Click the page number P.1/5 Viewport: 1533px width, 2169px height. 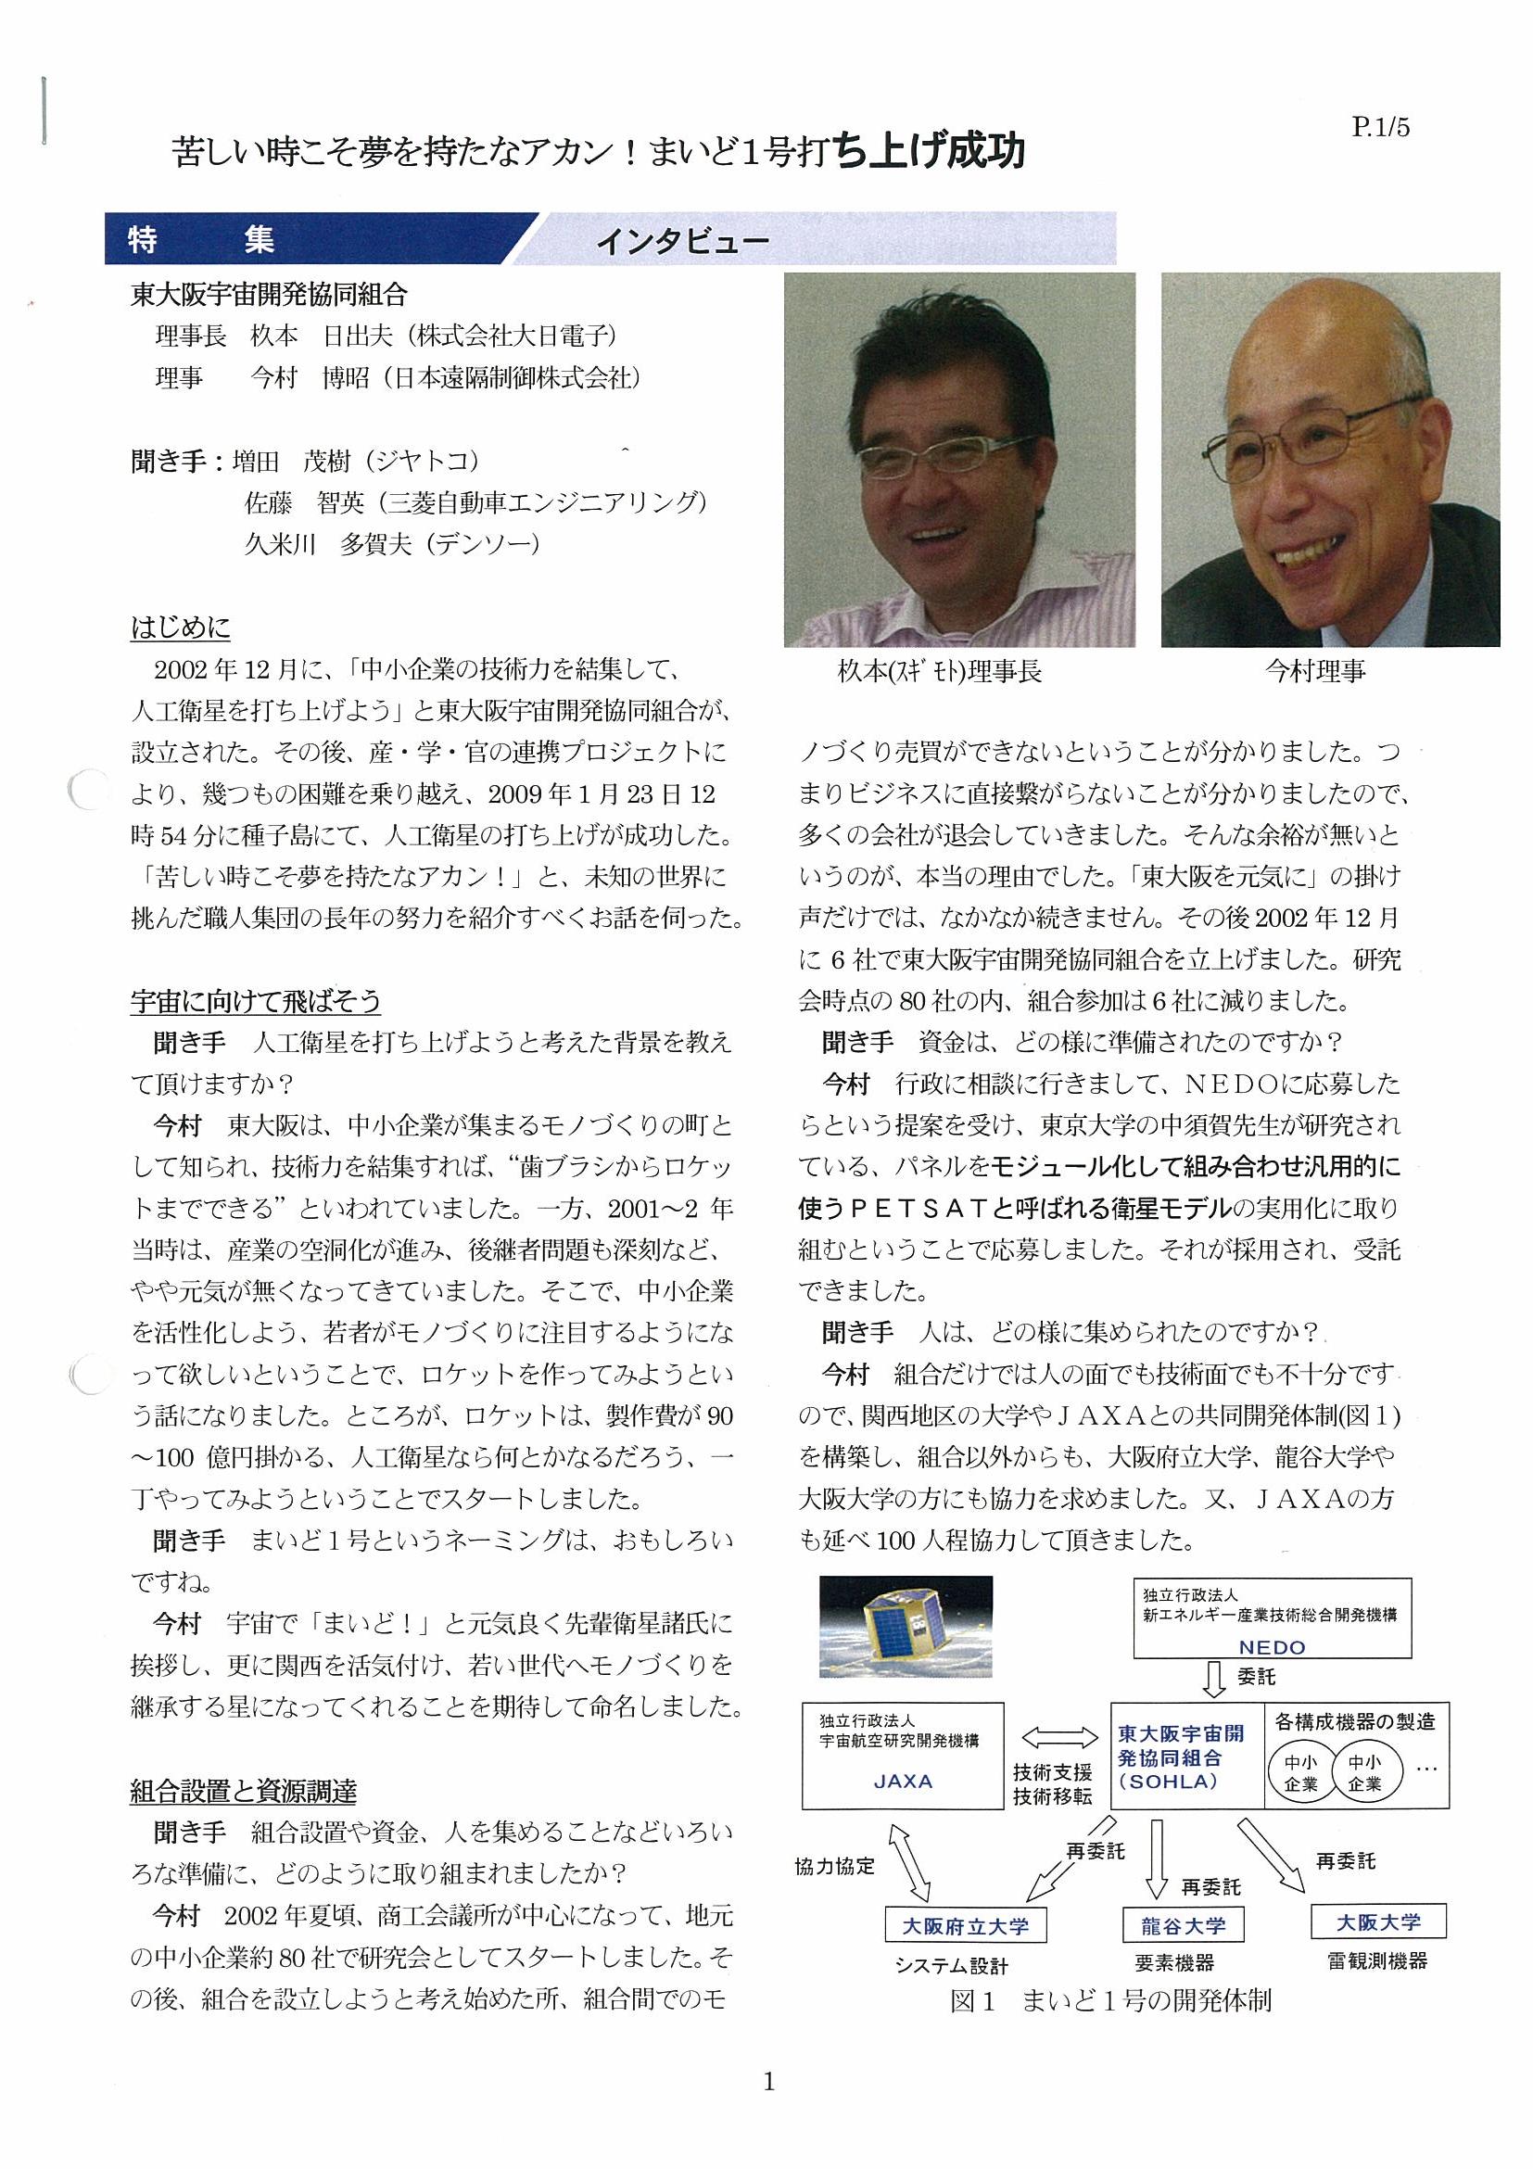(1380, 128)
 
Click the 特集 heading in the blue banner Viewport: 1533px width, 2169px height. (201, 240)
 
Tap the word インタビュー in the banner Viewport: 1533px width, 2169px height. (682, 243)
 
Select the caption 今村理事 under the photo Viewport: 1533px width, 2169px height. (1315, 672)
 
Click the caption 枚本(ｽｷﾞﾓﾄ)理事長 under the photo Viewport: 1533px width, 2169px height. (940, 672)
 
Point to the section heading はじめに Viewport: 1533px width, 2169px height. (181, 628)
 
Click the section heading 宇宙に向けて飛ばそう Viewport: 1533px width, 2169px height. (255, 1000)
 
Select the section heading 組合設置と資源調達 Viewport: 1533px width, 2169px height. (243, 1791)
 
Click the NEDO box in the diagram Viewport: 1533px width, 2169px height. (1272, 1619)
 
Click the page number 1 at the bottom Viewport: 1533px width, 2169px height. (768, 2081)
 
